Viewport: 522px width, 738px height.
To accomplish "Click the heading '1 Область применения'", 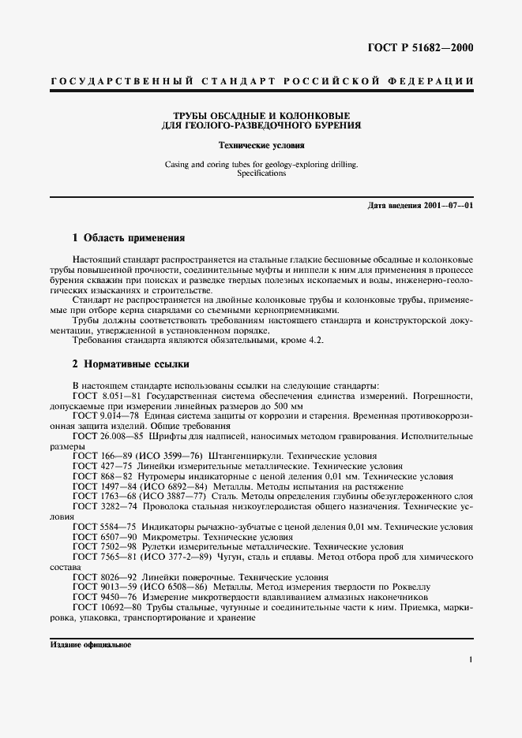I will (x=128, y=237).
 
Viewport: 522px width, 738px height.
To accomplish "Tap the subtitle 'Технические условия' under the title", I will (x=261, y=146).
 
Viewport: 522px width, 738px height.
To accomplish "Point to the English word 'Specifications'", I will (x=261, y=173).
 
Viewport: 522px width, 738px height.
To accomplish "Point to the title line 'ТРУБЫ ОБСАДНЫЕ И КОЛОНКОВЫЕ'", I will (x=261, y=114).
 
